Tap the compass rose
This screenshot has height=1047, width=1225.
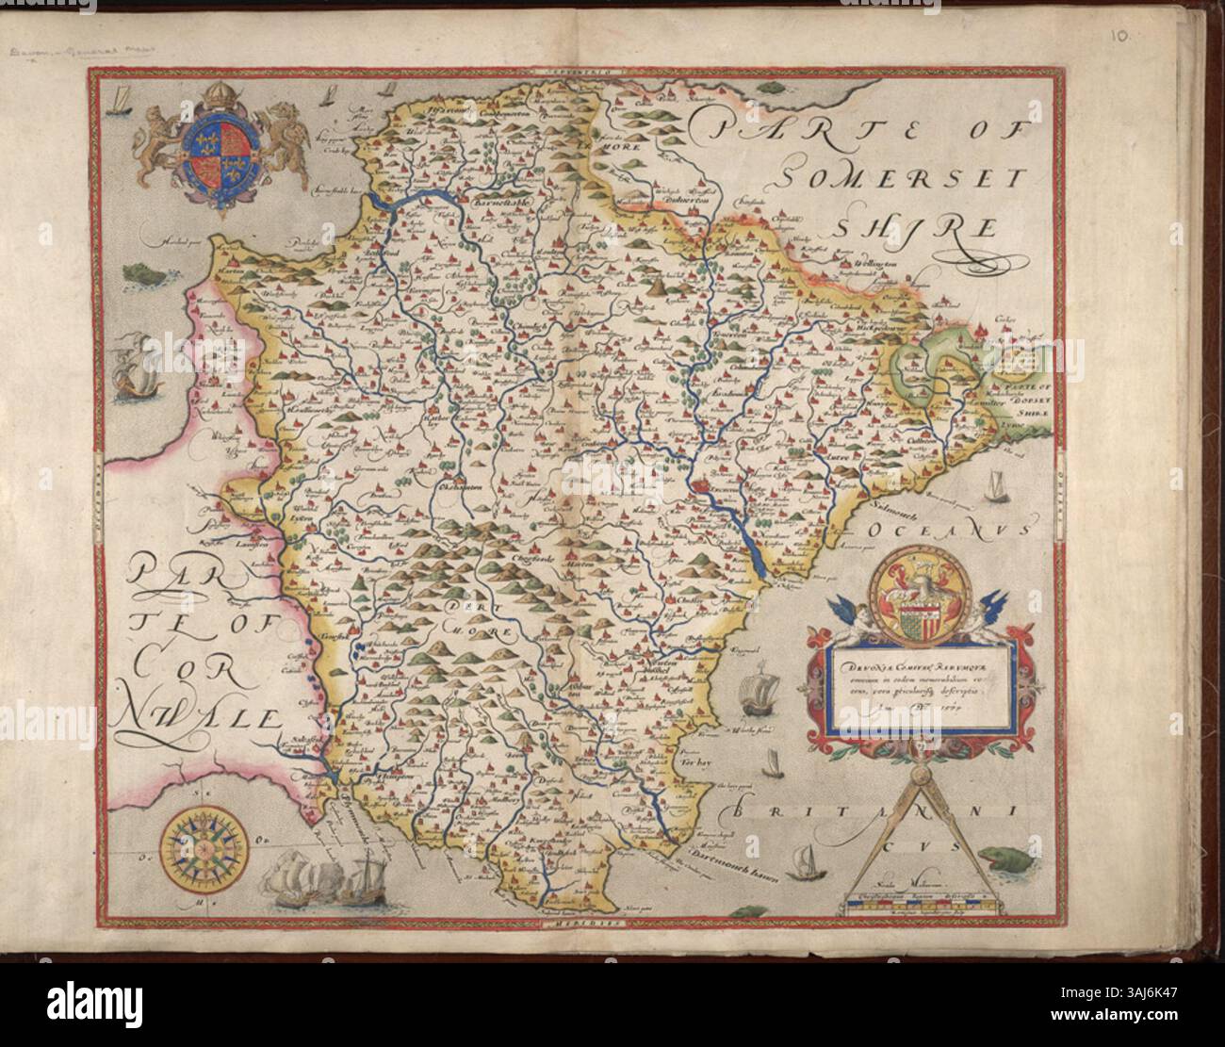[x=204, y=842]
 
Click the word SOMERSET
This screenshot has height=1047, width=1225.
[x=848, y=172]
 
